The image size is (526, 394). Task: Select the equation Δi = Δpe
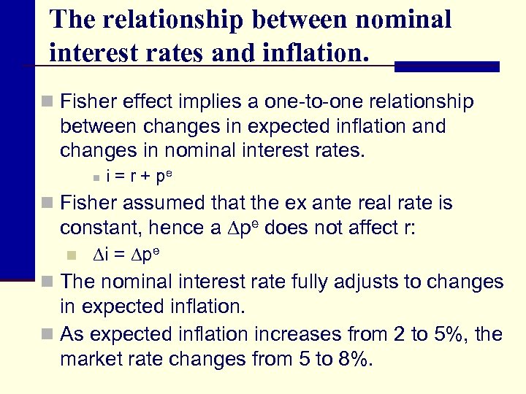[x=126, y=255]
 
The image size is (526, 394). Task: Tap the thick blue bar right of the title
[x=446, y=66]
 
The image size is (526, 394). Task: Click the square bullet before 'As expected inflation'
[x=48, y=335]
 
